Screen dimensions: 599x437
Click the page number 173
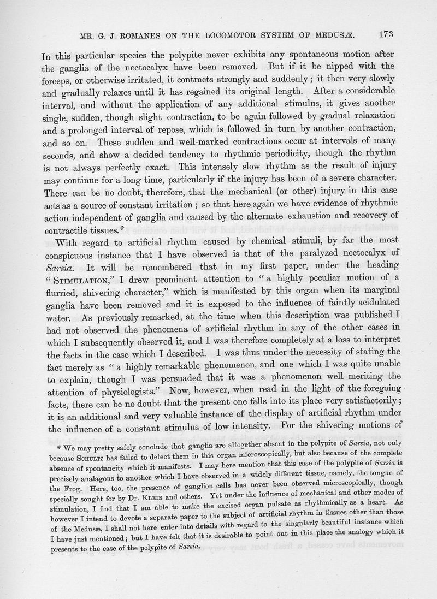385,34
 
